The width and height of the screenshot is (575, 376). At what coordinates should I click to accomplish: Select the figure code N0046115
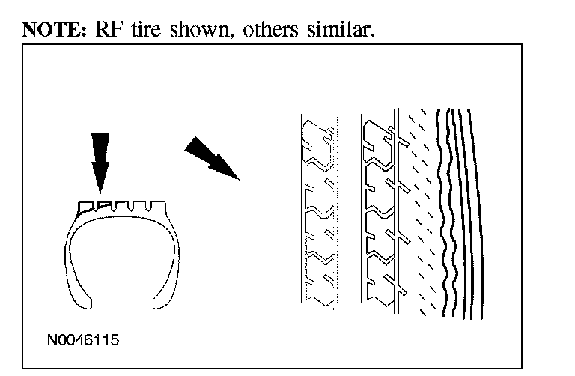82,339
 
